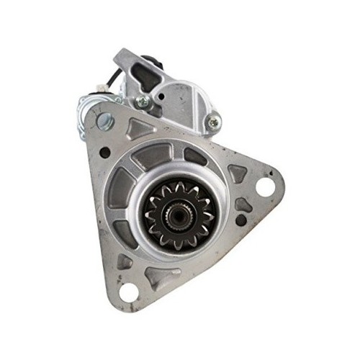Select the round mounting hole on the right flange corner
pyautogui.click(x=264, y=186)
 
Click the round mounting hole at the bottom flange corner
pyautogui.click(x=130, y=292)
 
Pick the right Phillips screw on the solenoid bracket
pyautogui.click(x=213, y=124)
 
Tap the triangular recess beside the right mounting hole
pyautogui.click(x=238, y=174)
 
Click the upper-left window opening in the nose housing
pyautogui.click(x=152, y=155)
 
